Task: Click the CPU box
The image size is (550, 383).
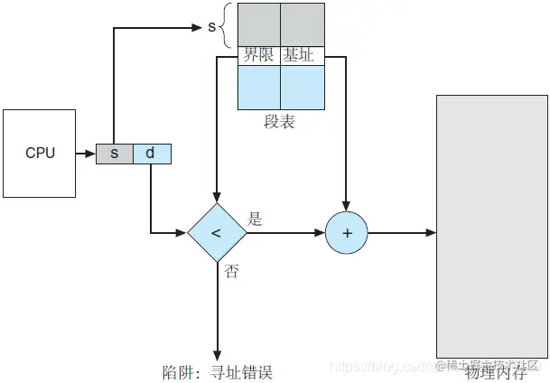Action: coord(40,153)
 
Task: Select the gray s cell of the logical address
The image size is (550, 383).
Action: coord(115,154)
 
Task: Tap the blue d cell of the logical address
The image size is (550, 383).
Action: coord(151,154)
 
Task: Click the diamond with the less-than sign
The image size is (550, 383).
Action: coord(216,232)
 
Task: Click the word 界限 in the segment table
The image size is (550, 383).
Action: coord(258,54)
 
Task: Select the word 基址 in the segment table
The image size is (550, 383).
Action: coord(301,54)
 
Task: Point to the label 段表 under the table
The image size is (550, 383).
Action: coord(280,122)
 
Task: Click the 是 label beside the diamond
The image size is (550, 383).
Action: coord(255,219)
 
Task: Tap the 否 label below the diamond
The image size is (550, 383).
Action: coord(231,271)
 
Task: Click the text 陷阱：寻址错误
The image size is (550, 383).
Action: coord(217,371)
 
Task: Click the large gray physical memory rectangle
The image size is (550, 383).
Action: coord(491,226)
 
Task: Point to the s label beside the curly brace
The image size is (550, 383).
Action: coord(212,26)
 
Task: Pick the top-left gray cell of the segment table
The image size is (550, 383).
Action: coord(258,24)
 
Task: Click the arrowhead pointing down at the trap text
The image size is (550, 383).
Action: coord(217,353)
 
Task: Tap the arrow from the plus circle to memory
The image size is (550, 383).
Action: coord(402,232)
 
